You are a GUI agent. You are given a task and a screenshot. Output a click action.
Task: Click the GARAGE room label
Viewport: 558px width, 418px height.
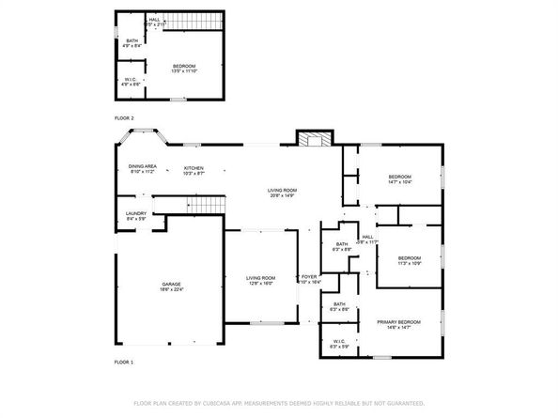pyautogui.click(x=170, y=283)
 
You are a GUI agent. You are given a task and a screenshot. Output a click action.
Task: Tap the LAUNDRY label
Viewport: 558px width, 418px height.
pyautogui.click(x=135, y=213)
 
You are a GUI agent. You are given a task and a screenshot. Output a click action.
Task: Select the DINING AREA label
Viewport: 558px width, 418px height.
pyautogui.click(x=144, y=166)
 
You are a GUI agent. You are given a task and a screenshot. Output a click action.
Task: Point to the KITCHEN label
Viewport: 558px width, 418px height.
pyautogui.click(x=194, y=166)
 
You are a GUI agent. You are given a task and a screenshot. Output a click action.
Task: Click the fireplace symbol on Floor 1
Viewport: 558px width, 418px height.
pyautogui.click(x=315, y=139)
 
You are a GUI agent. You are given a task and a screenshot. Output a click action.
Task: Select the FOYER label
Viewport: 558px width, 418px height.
pyautogui.click(x=309, y=276)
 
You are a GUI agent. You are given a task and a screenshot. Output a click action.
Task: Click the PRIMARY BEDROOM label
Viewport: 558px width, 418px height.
pyautogui.click(x=398, y=321)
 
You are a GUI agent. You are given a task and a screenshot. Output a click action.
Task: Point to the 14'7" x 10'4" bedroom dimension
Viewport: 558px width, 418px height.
pyautogui.click(x=399, y=182)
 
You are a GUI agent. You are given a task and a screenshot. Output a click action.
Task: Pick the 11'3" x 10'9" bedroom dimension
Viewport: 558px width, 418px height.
pyautogui.click(x=408, y=263)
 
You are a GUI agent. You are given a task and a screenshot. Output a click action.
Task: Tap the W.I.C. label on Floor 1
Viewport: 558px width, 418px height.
pyautogui.click(x=338, y=340)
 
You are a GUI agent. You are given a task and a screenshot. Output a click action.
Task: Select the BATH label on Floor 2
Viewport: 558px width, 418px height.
pyautogui.click(x=132, y=39)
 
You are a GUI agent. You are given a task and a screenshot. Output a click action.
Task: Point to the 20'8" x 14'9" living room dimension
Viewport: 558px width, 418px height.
pyautogui.click(x=282, y=195)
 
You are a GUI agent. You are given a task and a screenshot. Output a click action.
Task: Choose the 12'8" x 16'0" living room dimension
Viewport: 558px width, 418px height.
pyautogui.click(x=260, y=283)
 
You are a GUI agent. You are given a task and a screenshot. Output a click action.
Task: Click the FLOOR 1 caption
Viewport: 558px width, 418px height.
pyautogui.click(x=124, y=362)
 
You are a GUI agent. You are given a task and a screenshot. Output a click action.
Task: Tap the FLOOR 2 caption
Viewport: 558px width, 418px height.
pyautogui.click(x=124, y=117)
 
